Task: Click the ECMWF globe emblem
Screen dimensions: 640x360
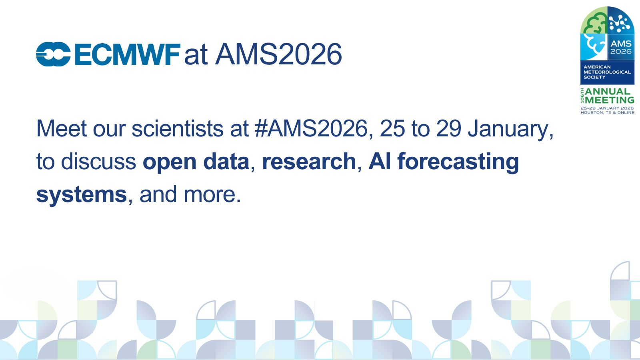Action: pyautogui.click(x=53, y=54)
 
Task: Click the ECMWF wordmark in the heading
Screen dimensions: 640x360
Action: pyautogui.click(x=128, y=54)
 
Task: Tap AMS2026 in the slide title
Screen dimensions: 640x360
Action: pyautogui.click(x=278, y=54)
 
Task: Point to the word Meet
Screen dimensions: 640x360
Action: pyautogui.click(x=62, y=128)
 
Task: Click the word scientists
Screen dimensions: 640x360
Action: pyautogui.click(x=178, y=128)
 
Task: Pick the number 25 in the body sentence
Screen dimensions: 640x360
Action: pyautogui.click(x=392, y=128)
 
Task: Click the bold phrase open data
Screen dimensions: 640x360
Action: pyautogui.click(x=196, y=162)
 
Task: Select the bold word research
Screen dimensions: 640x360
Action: pyautogui.click(x=309, y=162)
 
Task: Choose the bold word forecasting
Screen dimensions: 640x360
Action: pyautogui.click(x=458, y=162)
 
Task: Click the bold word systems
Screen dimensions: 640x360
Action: pyautogui.click(x=82, y=195)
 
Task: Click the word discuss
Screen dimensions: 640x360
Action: pyautogui.click(x=98, y=162)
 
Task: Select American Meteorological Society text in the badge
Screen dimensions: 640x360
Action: pyautogui.click(x=607, y=72)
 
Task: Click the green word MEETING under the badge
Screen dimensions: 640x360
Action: pyautogui.click(x=610, y=100)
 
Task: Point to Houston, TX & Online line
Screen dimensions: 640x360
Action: pyautogui.click(x=607, y=112)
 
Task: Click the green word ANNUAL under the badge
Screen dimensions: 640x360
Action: pyautogui.click(x=608, y=92)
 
